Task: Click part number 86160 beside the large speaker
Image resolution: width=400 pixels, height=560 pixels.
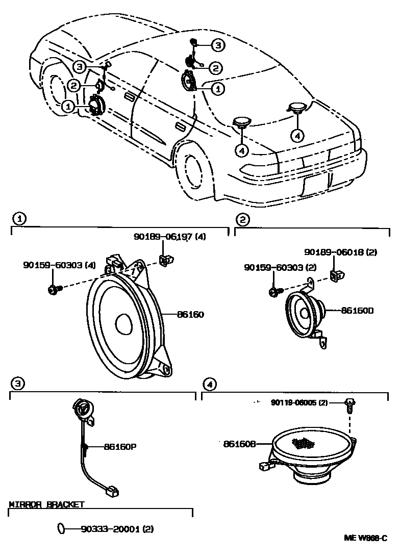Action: click(x=190, y=315)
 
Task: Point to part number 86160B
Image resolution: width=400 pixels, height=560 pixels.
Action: click(x=239, y=444)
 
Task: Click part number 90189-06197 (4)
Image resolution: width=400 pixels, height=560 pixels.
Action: click(x=169, y=237)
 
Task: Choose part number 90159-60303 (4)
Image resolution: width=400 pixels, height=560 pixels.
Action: click(x=59, y=265)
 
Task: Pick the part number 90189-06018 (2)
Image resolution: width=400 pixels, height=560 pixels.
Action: click(x=340, y=252)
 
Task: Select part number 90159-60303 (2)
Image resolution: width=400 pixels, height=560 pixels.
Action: click(x=281, y=267)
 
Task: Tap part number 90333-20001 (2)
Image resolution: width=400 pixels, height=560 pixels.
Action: click(x=117, y=529)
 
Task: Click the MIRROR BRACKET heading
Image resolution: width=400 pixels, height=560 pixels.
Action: click(x=46, y=505)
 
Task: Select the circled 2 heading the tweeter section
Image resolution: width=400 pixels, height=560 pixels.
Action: click(x=242, y=219)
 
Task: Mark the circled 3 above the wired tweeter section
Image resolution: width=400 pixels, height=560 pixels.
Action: click(x=17, y=383)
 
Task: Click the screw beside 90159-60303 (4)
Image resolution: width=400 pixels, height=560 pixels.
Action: click(x=54, y=290)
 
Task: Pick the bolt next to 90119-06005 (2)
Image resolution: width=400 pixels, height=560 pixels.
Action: click(x=349, y=405)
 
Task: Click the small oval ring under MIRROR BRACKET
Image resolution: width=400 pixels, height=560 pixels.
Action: click(x=61, y=529)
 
